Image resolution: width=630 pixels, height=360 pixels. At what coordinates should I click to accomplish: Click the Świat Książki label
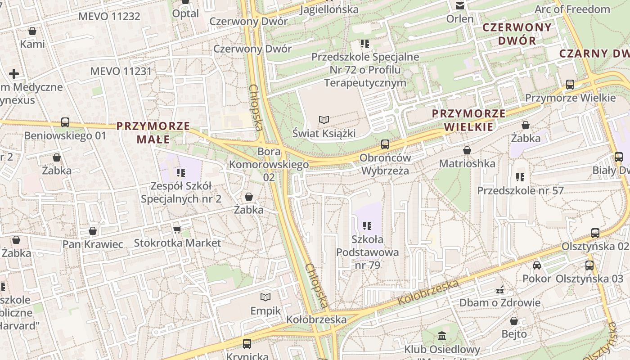coord(324,133)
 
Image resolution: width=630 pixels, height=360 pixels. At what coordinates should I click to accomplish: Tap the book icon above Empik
coord(265,297)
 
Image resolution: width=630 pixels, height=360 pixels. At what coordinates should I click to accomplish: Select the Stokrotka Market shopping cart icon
coord(177,230)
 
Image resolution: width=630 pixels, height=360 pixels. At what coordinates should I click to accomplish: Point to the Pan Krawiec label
coord(93,244)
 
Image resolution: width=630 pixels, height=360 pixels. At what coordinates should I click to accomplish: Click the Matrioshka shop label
coord(467,163)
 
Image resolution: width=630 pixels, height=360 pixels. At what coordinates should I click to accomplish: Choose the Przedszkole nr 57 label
coord(520,190)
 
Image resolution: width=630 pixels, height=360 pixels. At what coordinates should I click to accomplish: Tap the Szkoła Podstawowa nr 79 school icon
coord(367,225)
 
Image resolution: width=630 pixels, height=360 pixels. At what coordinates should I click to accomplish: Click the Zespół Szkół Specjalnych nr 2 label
coord(181,192)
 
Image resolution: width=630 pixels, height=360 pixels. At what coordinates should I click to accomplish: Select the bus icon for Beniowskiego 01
coord(65,122)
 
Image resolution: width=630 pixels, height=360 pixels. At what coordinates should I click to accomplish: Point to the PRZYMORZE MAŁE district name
coord(153,132)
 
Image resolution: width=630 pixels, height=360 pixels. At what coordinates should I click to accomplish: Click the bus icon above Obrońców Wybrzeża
coord(385,144)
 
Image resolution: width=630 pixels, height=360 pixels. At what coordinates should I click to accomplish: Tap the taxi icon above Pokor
coord(537,265)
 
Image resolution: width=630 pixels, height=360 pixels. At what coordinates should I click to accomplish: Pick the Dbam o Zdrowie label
coord(499,302)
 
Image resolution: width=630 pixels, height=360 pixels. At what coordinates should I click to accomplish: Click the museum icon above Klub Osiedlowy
coord(441,336)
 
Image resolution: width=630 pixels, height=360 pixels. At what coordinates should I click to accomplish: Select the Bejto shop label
coord(514,334)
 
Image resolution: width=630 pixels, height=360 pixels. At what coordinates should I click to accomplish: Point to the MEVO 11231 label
coord(121,71)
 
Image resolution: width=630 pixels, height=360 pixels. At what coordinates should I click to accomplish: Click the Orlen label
coord(460,19)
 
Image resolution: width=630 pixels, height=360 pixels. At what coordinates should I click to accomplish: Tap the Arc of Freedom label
coord(572,9)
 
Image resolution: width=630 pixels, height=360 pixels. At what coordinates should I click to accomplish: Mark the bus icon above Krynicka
coord(247,344)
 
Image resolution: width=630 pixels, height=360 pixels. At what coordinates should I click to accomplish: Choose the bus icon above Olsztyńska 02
coord(595,233)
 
